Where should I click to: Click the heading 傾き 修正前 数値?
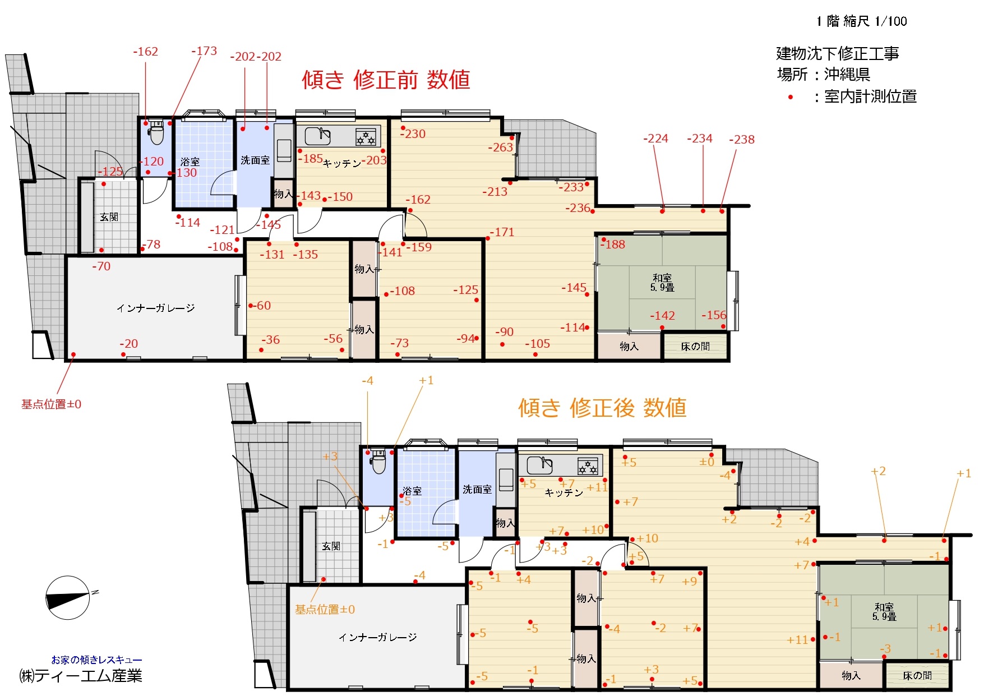click(386, 80)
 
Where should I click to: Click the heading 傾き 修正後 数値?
click(602, 408)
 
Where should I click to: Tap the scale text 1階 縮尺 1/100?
click(862, 21)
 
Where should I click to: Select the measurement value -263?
click(500, 147)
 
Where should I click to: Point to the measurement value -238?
click(742, 139)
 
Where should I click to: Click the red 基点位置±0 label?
click(51, 404)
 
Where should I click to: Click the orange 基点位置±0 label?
click(325, 610)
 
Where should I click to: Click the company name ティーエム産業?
click(89, 676)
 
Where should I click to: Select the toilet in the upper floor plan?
click(157, 132)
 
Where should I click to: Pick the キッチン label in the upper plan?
click(341, 163)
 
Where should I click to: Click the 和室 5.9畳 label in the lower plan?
click(884, 611)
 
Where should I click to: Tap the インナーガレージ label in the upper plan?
click(155, 308)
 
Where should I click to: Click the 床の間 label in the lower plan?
click(917, 676)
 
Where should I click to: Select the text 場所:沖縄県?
click(823, 75)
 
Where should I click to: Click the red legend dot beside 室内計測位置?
click(791, 97)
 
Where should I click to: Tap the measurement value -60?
click(262, 306)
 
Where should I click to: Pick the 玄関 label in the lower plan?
click(331, 546)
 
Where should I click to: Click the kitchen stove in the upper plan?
click(366, 136)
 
